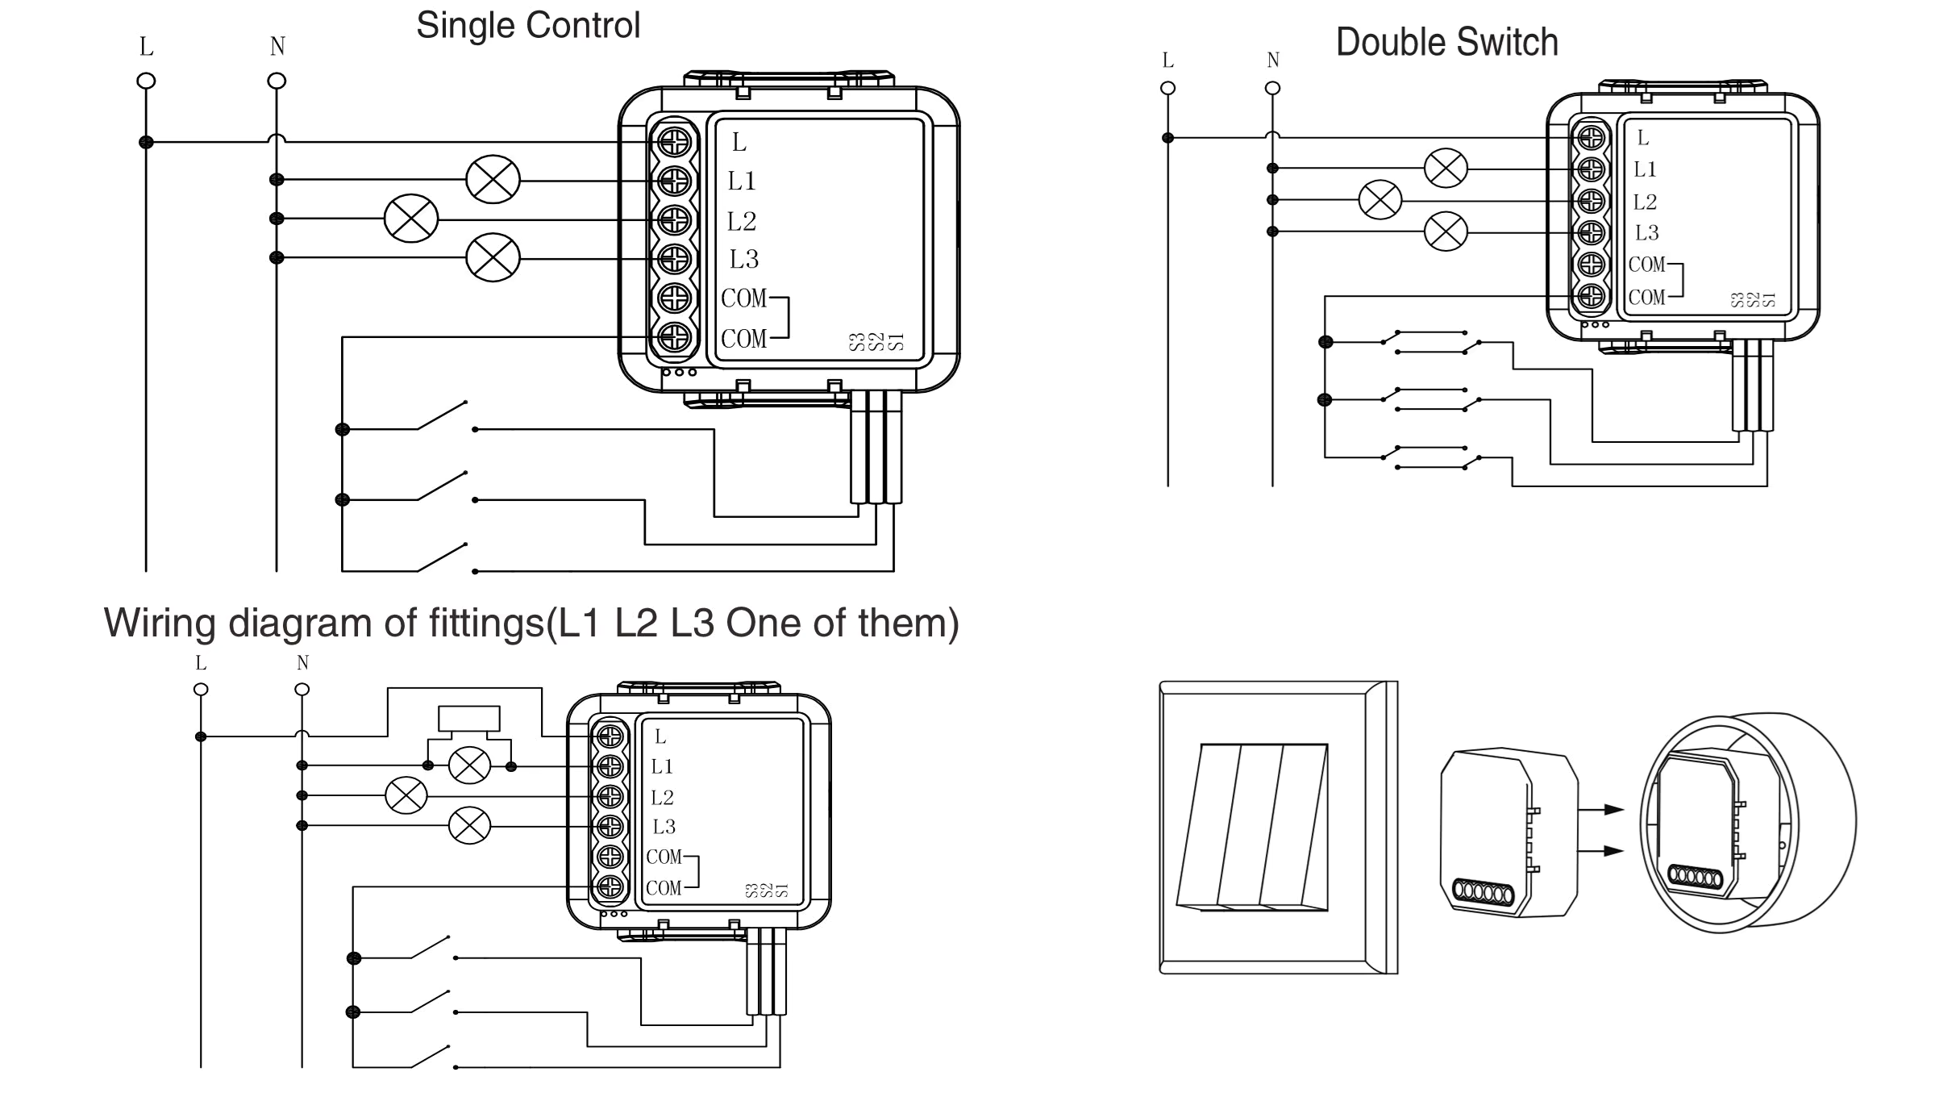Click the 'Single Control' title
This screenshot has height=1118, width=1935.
pos(528,26)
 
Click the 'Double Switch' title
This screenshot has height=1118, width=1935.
pos(1446,43)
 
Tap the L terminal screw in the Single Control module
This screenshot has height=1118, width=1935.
pos(674,142)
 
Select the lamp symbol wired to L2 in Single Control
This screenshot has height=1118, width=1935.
pos(411,219)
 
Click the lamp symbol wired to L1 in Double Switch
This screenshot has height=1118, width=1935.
pos(1446,169)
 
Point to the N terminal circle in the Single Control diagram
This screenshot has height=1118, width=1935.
pos(277,81)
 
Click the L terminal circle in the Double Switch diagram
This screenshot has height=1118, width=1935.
pos(1167,89)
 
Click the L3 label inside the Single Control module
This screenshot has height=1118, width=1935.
pos(743,260)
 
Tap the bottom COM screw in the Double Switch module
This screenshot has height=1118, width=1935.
pos(1591,296)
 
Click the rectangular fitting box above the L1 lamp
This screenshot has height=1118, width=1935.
pos(468,718)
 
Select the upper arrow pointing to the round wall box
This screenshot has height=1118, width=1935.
pos(1601,810)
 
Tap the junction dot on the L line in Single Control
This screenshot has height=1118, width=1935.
pos(146,142)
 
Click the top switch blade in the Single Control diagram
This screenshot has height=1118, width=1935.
pos(442,415)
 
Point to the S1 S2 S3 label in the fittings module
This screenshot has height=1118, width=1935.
pos(766,891)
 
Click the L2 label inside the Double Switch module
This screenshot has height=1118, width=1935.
pos(1645,202)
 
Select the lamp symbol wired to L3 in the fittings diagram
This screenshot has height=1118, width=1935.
pos(469,825)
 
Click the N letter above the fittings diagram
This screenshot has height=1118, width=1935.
pos(302,663)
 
